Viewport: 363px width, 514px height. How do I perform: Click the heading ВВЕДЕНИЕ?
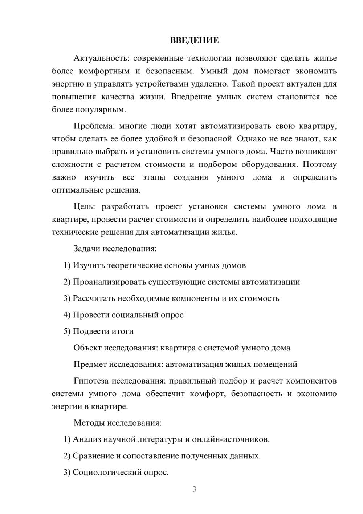pos(194,40)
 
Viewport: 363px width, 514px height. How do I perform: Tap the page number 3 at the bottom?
pos(194,489)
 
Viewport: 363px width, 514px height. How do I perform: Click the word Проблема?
pos(94,126)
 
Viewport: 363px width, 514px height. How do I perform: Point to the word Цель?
pos(84,206)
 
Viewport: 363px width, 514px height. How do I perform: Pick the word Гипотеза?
pos(91,381)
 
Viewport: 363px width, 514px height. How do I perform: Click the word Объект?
pos(87,348)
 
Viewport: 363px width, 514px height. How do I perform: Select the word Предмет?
pos(90,364)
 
